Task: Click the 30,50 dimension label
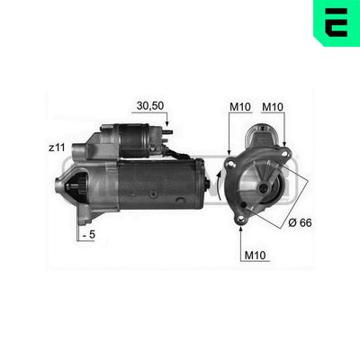point(149,105)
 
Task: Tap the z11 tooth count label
point(57,148)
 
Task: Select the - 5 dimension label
point(89,235)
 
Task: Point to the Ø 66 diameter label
point(300,222)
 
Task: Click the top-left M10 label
point(240,106)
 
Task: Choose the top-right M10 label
point(273,106)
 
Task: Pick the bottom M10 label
point(256,256)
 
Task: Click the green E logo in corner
point(337,22)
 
